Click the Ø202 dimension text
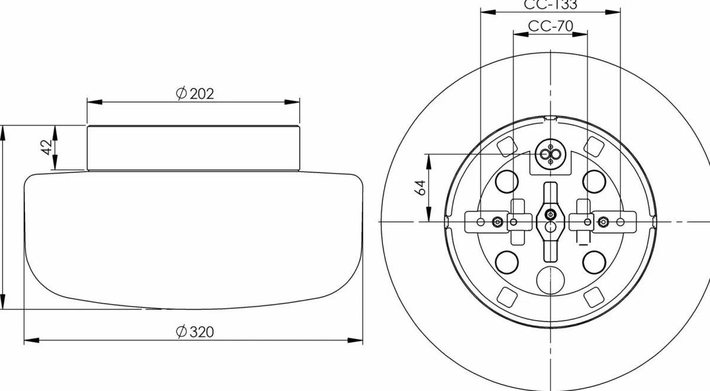(195, 93)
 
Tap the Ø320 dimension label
(195, 332)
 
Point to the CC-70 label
(550, 26)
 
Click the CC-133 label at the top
(550, 5)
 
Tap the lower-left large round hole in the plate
(506, 261)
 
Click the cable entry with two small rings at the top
(550, 155)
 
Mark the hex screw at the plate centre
(550, 214)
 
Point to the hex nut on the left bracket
(498, 222)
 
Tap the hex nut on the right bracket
(602, 222)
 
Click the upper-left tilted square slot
(507, 144)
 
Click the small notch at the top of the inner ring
(550, 118)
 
